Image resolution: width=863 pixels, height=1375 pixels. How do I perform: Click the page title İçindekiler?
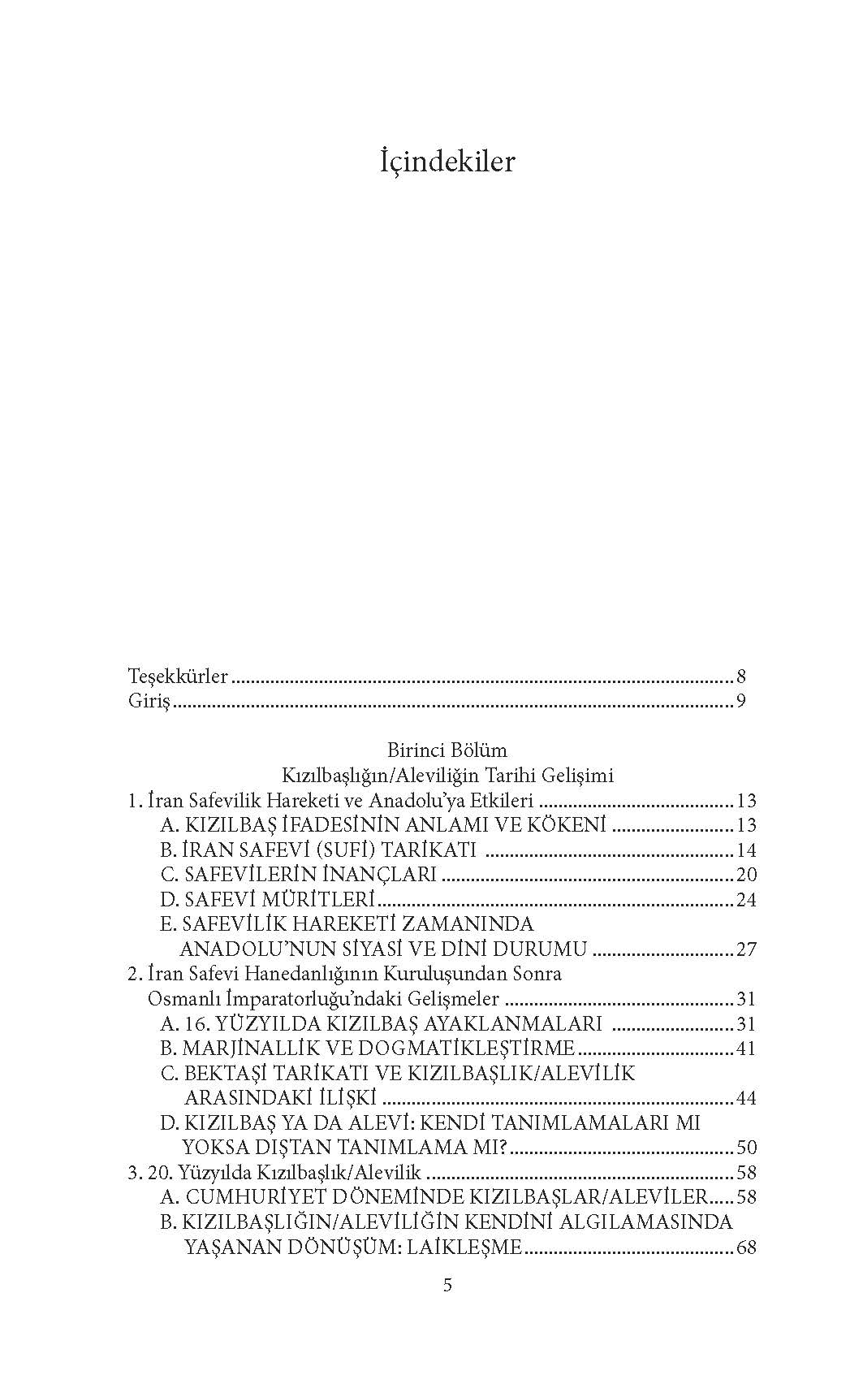point(447,162)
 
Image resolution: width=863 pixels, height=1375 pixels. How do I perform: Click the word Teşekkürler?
point(178,677)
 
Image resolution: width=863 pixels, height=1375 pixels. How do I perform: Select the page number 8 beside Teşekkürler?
point(741,677)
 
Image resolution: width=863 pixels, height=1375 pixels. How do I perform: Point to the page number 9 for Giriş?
point(741,702)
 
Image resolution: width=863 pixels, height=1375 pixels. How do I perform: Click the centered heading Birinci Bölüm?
point(447,750)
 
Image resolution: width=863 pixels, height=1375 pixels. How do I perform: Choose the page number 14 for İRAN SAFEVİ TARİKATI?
point(746,850)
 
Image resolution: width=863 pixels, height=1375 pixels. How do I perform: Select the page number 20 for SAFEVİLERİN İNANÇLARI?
point(746,875)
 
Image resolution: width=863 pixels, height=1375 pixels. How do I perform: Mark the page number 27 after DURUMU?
point(746,949)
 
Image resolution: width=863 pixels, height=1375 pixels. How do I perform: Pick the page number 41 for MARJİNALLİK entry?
point(746,1049)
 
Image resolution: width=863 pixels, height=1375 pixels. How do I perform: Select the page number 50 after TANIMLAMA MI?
point(746,1148)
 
